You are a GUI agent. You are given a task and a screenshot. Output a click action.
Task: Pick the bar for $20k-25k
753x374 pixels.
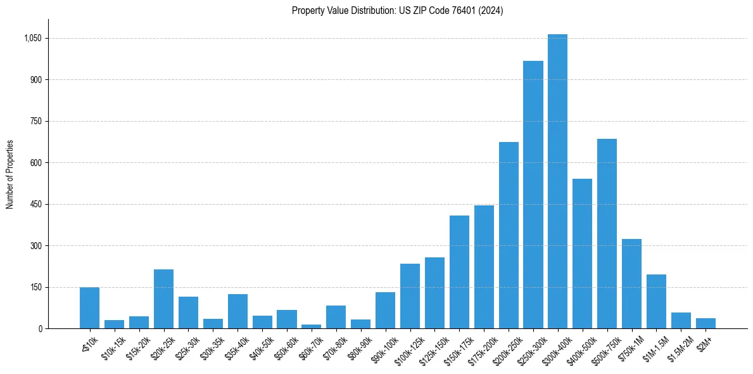pos(163,299)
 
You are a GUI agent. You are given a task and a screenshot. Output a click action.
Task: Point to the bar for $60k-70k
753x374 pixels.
pos(311,326)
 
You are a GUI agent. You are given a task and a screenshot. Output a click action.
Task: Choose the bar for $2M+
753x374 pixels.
pos(706,323)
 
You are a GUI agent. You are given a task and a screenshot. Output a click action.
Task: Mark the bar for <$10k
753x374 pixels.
pos(89,308)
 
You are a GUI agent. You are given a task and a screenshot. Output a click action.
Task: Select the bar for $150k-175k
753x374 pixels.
pos(459,272)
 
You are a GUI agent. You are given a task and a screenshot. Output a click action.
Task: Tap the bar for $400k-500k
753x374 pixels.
pos(582,254)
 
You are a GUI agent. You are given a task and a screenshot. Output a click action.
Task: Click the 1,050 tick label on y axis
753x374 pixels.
pos(32,38)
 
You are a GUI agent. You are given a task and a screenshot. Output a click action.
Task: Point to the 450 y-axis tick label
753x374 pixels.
pos(35,204)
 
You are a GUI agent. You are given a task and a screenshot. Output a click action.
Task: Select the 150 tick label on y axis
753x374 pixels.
pos(35,287)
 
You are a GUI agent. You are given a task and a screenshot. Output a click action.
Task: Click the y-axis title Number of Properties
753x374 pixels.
pos(10,174)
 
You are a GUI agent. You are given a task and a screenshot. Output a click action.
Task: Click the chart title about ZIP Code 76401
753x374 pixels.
pos(397,11)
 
